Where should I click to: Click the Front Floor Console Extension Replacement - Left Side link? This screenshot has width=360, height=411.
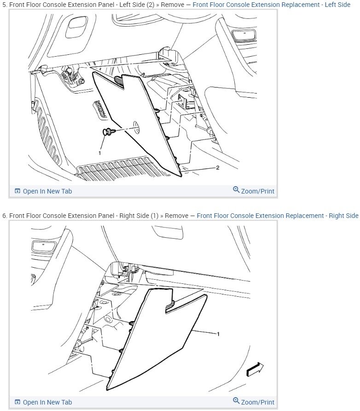click(x=271, y=5)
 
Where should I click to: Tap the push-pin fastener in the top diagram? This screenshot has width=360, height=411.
click(x=106, y=133)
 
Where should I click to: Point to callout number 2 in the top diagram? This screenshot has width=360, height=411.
click(x=217, y=168)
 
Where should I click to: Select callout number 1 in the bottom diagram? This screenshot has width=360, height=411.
click(x=217, y=333)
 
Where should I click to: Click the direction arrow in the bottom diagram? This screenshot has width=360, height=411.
click(x=255, y=369)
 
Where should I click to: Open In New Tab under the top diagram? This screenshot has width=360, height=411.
click(x=47, y=191)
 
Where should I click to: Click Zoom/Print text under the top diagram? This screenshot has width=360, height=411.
click(x=257, y=191)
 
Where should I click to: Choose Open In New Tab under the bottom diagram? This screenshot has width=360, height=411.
click(x=47, y=402)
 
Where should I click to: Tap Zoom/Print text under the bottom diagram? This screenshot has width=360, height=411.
click(x=257, y=402)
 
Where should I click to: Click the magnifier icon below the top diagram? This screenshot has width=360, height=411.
click(x=236, y=190)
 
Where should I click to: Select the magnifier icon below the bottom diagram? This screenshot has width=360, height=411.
click(x=236, y=401)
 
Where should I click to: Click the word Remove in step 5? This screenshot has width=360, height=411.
click(x=176, y=5)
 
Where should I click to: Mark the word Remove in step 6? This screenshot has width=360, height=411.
click(x=176, y=216)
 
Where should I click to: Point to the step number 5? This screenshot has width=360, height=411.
click(x=5, y=5)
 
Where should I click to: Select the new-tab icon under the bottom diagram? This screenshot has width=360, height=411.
click(x=17, y=402)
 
